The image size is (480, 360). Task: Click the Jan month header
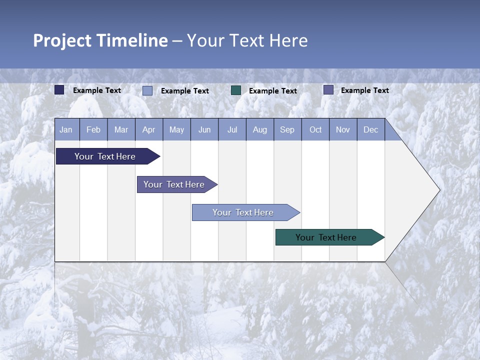coord(66,129)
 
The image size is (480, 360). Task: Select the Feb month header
coord(93,129)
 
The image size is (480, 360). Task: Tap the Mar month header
coord(121,129)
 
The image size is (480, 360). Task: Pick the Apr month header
coord(149,129)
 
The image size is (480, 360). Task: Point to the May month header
coord(176,129)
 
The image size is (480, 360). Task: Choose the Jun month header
coord(204,129)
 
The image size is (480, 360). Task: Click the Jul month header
coord(232,129)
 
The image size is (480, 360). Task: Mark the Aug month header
coord(260,129)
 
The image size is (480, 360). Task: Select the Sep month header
coord(287,129)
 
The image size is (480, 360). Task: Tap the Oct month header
coord(315,129)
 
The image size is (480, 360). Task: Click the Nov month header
coord(343,129)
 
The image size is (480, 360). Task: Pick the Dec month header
coord(371,129)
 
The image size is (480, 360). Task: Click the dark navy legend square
coord(59,90)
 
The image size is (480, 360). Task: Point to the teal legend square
coord(236,90)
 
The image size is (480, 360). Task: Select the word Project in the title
coord(62,40)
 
